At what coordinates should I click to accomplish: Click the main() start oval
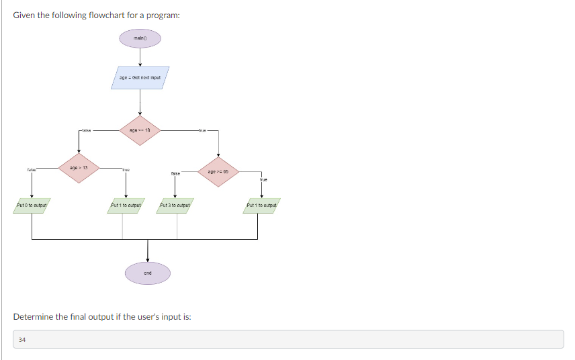pos(140,38)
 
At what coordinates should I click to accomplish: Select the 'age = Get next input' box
pos(140,77)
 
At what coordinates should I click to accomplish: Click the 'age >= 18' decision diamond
pos(140,130)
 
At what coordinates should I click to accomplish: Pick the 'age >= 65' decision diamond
pos(218,172)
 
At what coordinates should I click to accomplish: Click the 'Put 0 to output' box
pos(32,205)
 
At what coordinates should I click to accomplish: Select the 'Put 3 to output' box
pos(175,205)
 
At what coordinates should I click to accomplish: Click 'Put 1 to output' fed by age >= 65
pos(261,205)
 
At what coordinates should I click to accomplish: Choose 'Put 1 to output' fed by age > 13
pos(126,205)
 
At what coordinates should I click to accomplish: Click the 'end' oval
pos(148,273)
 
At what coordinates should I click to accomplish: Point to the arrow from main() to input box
pos(140,56)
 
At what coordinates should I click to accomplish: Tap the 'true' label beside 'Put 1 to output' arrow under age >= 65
pos(263,180)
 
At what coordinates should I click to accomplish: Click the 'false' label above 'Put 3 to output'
pos(175,173)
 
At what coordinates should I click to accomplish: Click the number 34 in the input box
pos(22,340)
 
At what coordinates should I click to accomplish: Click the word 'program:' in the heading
pos(163,15)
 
